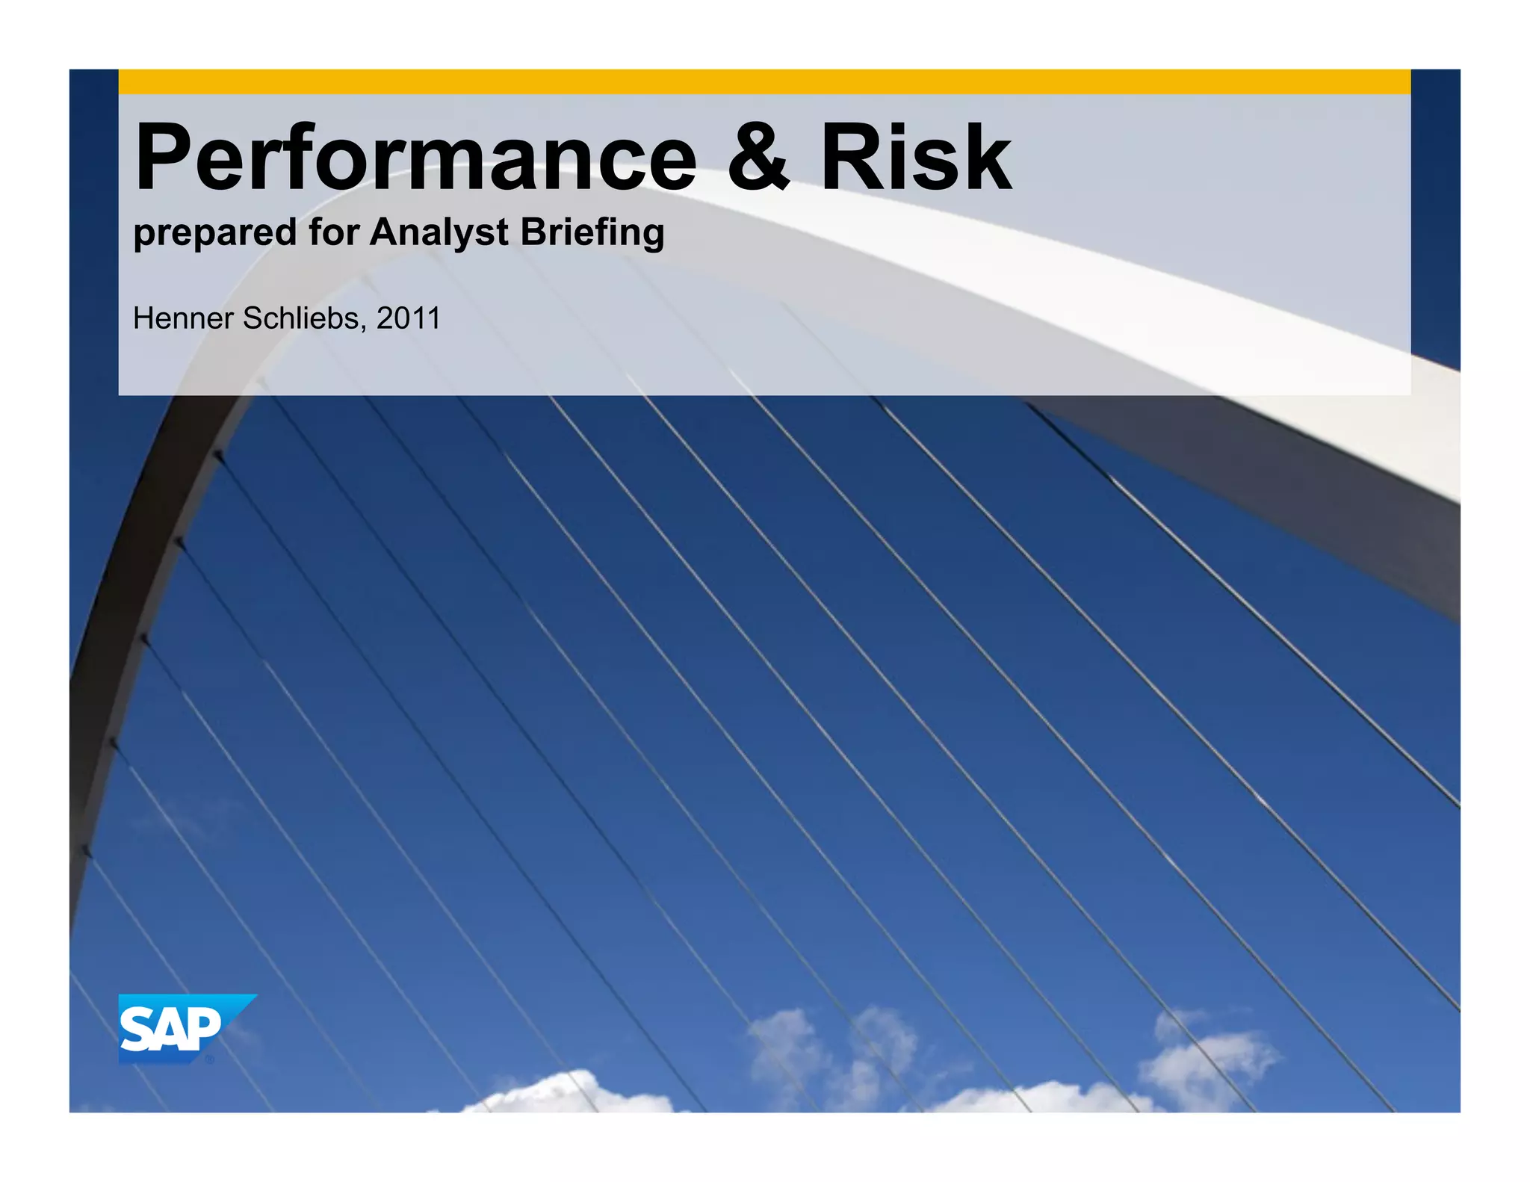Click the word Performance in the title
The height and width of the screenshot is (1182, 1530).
click(x=415, y=158)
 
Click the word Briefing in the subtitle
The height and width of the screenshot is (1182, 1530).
click(x=592, y=233)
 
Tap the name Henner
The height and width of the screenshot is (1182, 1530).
click(x=183, y=319)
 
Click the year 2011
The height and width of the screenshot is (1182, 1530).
click(x=409, y=319)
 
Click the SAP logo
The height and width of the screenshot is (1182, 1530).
click(x=179, y=1028)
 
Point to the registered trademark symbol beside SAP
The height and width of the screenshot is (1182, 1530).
click(x=210, y=1059)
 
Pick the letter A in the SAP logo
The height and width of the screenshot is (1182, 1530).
click(x=170, y=1030)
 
